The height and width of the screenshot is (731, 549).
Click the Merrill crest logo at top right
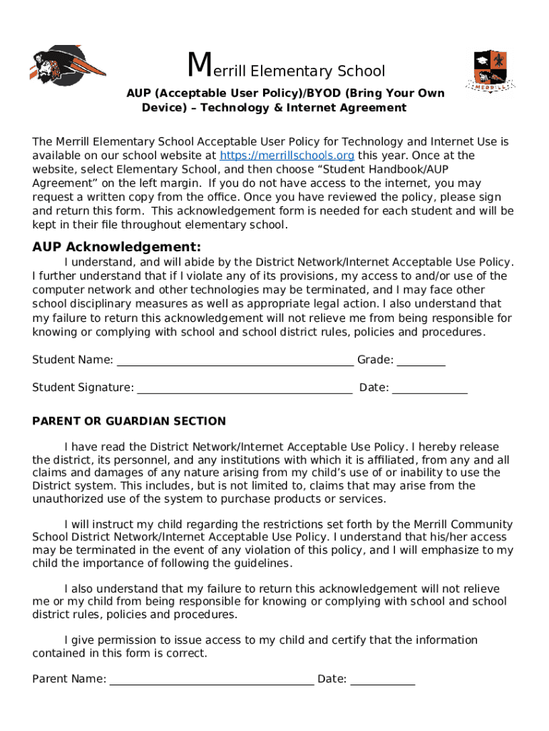491,71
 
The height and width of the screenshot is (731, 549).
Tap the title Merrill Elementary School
286,69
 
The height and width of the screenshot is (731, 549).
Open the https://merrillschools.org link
287,156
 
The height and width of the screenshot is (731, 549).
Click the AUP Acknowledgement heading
117,247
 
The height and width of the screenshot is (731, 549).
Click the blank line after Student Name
235,361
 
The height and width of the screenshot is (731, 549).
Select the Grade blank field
421,361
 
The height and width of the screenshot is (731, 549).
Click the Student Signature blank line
244,388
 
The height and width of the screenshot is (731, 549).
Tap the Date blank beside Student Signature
430,388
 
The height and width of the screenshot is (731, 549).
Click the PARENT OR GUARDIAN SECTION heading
129,421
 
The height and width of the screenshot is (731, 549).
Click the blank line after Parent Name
211,680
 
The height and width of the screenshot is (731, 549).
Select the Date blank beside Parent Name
383,680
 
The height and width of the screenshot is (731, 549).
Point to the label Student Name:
73,360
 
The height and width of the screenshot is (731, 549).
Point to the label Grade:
375,360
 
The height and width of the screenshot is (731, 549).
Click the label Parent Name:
69,679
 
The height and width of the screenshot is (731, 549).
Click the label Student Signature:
83,388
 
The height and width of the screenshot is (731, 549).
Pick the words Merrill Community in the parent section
464,524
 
